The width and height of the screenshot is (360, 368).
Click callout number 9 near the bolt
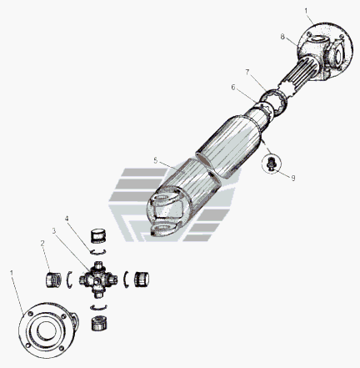(x=293, y=178)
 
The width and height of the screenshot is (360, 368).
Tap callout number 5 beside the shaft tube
(x=155, y=160)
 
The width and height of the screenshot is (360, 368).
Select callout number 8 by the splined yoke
(x=282, y=37)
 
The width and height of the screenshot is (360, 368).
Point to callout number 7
(x=247, y=73)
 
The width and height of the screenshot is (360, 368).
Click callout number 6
(x=233, y=88)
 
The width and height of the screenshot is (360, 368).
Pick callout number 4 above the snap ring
(x=67, y=219)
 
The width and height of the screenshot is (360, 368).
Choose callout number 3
(x=54, y=230)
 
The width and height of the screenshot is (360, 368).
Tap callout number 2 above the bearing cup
(x=42, y=244)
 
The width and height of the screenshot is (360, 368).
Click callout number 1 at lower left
(x=12, y=273)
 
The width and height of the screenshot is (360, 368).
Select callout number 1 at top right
(x=306, y=12)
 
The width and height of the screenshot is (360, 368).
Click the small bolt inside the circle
(x=270, y=164)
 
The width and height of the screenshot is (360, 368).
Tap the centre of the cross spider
(x=97, y=280)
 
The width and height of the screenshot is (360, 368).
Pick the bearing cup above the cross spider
(x=98, y=236)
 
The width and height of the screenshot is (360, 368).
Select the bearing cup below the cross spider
(x=99, y=323)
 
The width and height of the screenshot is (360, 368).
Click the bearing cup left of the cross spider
(x=53, y=280)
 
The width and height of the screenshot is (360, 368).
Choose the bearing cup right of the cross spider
(x=142, y=280)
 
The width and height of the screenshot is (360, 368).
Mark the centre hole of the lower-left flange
(x=47, y=330)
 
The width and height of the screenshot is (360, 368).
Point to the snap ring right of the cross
(x=125, y=280)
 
